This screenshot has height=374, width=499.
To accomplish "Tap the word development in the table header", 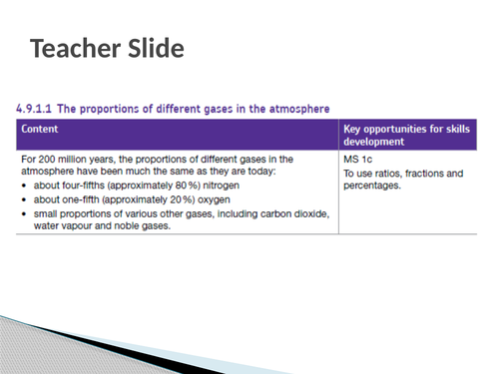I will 374,143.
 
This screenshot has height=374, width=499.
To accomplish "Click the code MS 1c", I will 356,159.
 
